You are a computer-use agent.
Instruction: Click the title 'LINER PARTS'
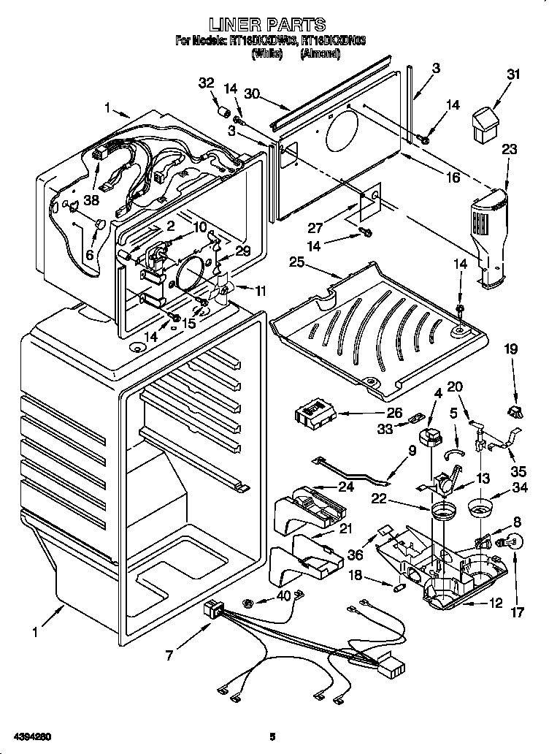coord(273,26)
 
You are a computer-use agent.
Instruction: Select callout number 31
coord(515,74)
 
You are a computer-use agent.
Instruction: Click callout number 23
coord(510,150)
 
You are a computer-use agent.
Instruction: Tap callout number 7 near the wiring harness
coord(169,655)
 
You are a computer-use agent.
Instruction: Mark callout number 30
coord(252,94)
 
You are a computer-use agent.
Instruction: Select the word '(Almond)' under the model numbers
coord(320,54)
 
